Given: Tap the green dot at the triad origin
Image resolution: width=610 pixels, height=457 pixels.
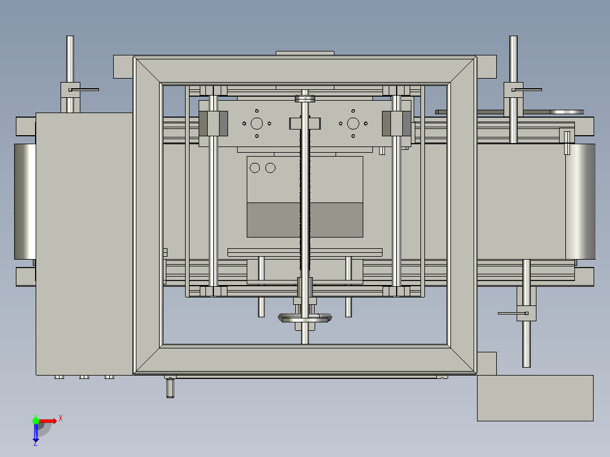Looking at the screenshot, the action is click(36, 421).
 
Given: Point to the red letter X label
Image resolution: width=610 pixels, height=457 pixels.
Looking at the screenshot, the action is click(61, 419).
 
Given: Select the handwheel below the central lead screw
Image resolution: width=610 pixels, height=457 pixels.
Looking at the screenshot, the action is click(305, 318).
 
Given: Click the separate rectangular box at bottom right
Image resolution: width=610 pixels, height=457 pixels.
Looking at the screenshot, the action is click(535, 398).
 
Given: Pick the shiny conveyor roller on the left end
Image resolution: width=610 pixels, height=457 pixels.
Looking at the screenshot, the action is click(25, 201).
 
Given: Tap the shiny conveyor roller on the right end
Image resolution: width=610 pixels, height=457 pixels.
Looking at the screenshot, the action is click(580, 201).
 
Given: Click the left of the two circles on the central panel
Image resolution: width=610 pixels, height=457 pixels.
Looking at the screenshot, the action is click(255, 167).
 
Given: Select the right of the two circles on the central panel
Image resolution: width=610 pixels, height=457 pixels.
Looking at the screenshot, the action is click(270, 167).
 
